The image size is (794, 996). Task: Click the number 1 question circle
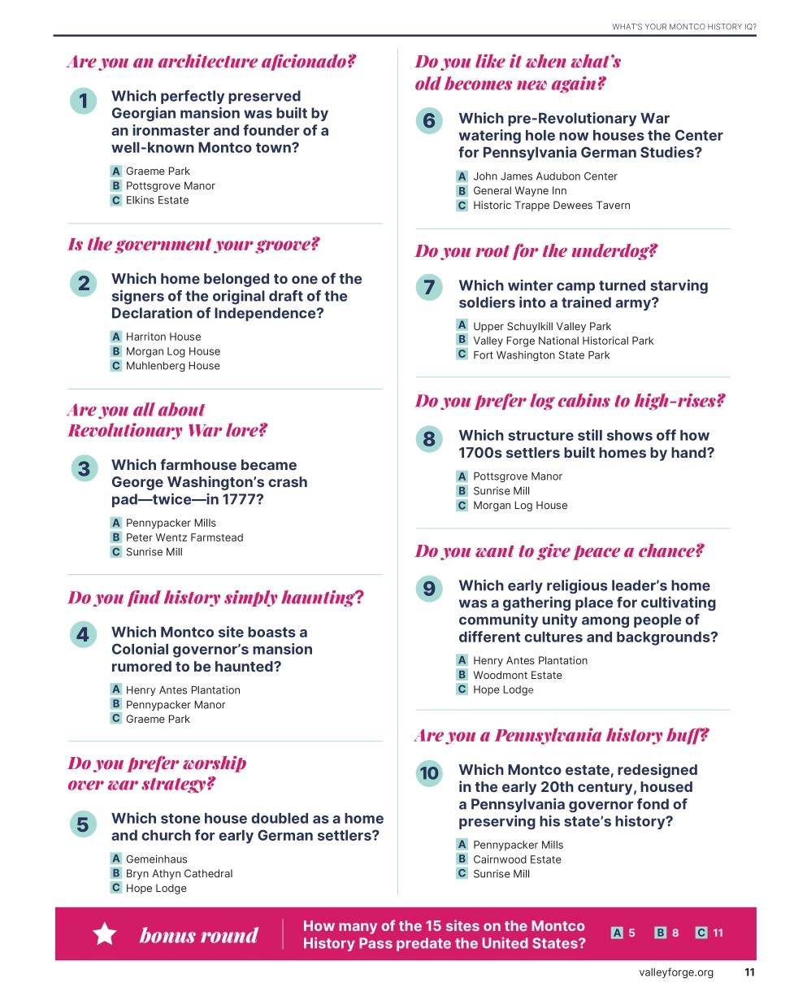83,102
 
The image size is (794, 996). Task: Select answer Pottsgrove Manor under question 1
170,186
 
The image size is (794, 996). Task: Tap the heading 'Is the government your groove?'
193,245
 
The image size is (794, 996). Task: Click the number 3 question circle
83,469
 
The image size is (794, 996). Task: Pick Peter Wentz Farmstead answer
184,537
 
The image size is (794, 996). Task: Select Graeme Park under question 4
158,720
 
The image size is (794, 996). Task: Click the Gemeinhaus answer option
156,859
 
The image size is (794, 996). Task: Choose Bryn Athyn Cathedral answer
179,874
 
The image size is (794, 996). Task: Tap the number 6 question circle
428,121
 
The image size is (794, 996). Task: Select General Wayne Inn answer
519,191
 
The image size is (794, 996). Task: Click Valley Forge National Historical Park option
562,341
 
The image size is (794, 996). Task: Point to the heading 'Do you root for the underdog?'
536,251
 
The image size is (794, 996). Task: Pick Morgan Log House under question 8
520,506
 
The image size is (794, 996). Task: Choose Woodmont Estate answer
517,676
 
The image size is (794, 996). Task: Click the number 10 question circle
428,773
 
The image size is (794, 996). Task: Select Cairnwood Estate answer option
517,859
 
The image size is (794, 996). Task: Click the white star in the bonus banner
105,934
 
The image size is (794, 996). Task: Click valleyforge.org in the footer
675,972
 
